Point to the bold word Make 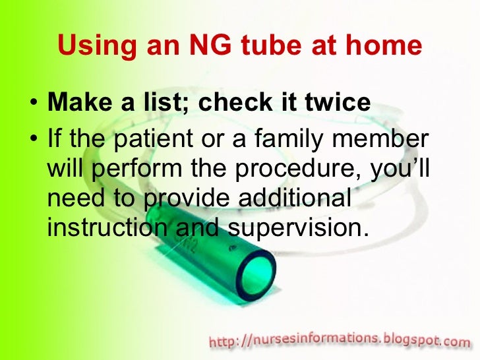click(x=77, y=104)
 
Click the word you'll click(x=400, y=169)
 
